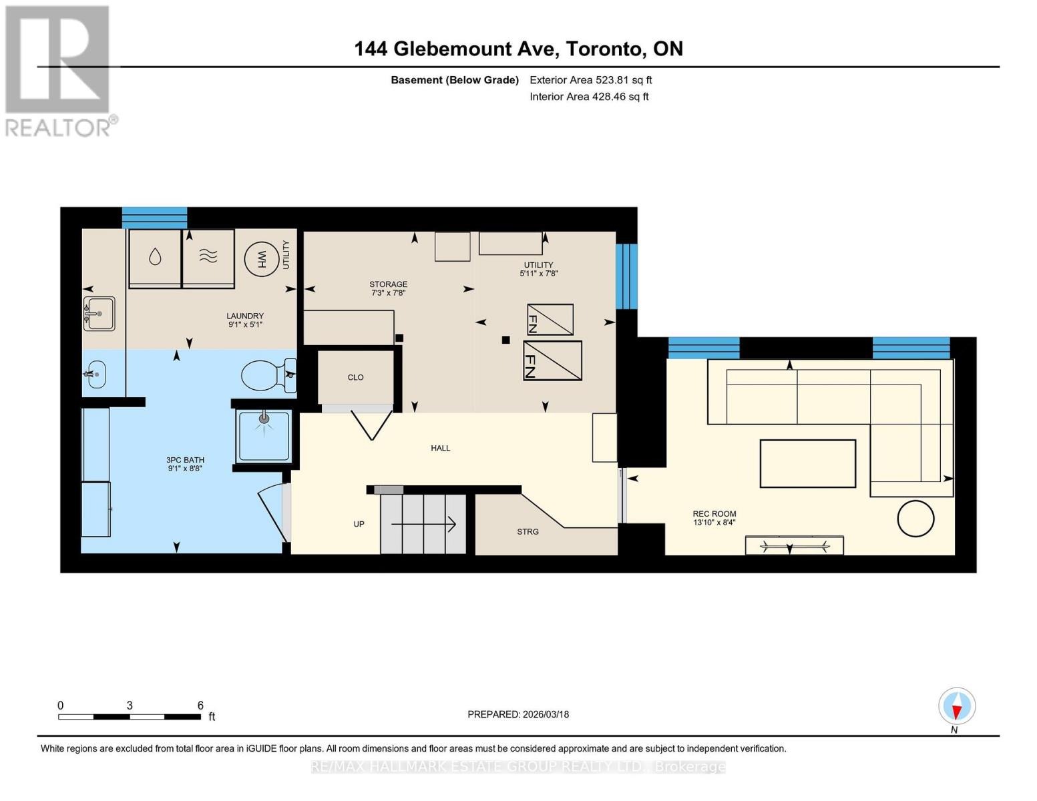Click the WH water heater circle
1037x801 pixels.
(x=261, y=260)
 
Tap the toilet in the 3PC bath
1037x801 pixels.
(x=268, y=375)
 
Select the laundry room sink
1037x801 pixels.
(x=99, y=314)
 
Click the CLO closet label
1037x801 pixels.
(x=355, y=377)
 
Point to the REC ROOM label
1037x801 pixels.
(x=714, y=514)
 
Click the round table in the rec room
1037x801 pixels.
(x=915, y=519)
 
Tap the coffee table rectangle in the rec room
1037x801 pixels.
(x=807, y=464)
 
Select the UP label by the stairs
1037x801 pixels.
(x=359, y=524)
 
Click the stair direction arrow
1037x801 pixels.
(x=423, y=525)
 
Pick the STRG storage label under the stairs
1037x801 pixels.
(x=528, y=531)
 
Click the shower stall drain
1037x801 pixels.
(x=264, y=419)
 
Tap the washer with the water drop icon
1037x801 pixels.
(x=155, y=258)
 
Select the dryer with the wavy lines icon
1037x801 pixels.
(x=208, y=258)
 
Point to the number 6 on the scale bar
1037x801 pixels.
(x=200, y=705)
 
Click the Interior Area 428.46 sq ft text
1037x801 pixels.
(x=589, y=97)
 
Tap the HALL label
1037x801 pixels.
(x=441, y=449)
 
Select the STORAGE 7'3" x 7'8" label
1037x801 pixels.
(x=389, y=288)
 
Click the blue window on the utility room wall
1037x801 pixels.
(x=626, y=276)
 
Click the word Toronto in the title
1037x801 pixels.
(x=604, y=49)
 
